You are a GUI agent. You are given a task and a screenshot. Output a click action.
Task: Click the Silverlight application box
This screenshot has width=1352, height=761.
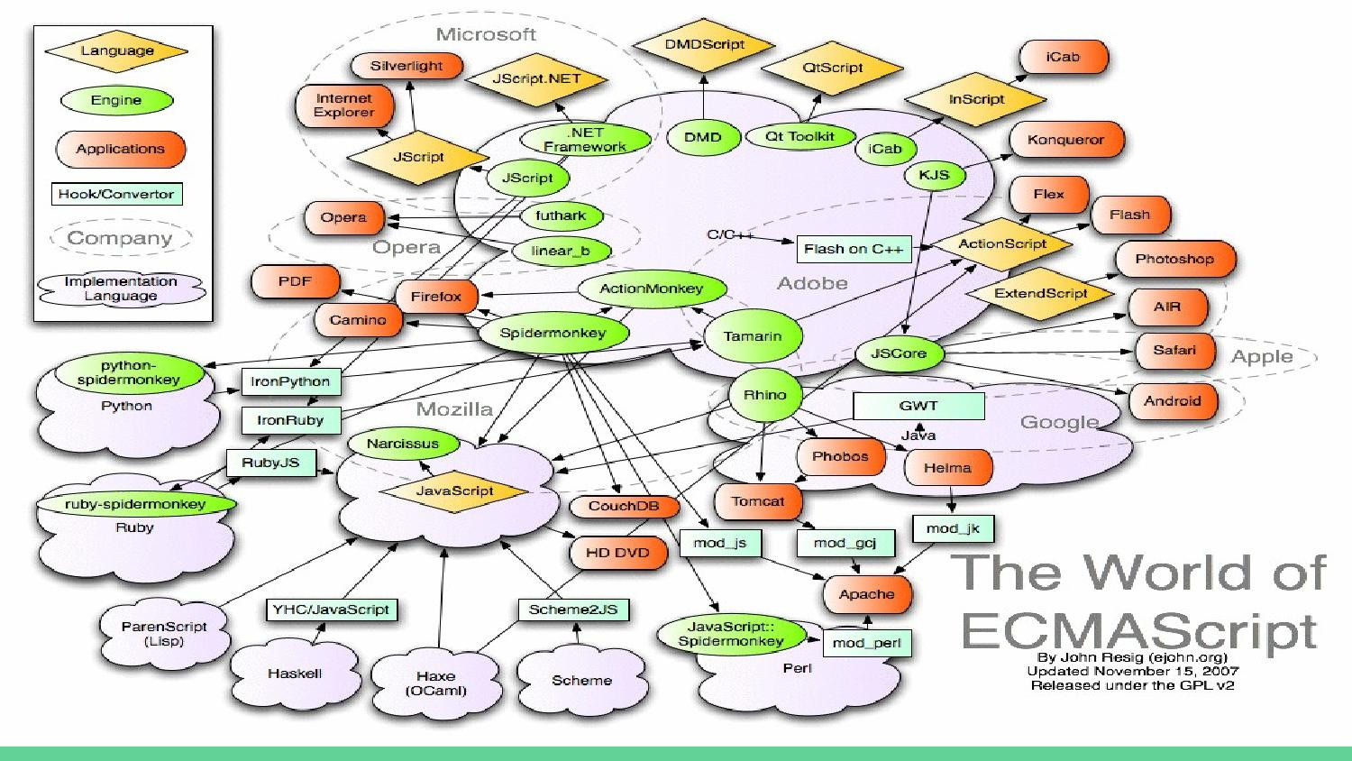coord(406,66)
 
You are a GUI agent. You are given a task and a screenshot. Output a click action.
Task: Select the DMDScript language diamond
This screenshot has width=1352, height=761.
coord(704,44)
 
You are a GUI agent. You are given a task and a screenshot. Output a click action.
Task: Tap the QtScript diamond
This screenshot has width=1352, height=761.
coord(832,68)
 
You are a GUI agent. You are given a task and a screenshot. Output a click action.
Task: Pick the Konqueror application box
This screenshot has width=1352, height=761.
coord(1065,140)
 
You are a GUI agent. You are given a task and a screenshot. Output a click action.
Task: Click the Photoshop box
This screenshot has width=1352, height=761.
coord(1174,259)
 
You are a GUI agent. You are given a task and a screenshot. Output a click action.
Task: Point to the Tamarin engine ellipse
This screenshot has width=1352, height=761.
coord(753,336)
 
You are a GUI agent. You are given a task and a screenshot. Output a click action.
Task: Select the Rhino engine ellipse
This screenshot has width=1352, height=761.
coord(764,395)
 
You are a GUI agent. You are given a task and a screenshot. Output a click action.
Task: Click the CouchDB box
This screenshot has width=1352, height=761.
coord(624,506)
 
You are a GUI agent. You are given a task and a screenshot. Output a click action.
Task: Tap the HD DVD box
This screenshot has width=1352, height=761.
coord(617,553)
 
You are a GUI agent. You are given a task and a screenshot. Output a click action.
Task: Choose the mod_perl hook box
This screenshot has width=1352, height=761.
coord(866,643)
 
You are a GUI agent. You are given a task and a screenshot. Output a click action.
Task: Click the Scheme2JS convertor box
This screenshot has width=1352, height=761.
coord(573,610)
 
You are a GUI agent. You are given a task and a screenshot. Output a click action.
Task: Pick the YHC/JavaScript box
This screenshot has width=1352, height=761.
coord(331,610)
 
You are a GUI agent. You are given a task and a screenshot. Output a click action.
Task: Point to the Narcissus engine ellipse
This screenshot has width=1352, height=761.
coord(403,444)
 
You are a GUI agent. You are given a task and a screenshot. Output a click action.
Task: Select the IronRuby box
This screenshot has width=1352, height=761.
coord(290,420)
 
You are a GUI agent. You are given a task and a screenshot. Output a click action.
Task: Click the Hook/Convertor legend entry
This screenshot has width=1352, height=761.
coord(116,194)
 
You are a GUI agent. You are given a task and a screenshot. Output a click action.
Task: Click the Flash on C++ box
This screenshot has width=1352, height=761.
coord(854,249)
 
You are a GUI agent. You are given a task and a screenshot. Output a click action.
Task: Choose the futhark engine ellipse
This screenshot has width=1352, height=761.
coord(560,215)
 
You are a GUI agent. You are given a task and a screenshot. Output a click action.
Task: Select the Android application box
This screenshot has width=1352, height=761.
coord(1172,401)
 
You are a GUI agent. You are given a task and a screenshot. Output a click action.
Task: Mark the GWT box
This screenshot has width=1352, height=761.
coord(918,406)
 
